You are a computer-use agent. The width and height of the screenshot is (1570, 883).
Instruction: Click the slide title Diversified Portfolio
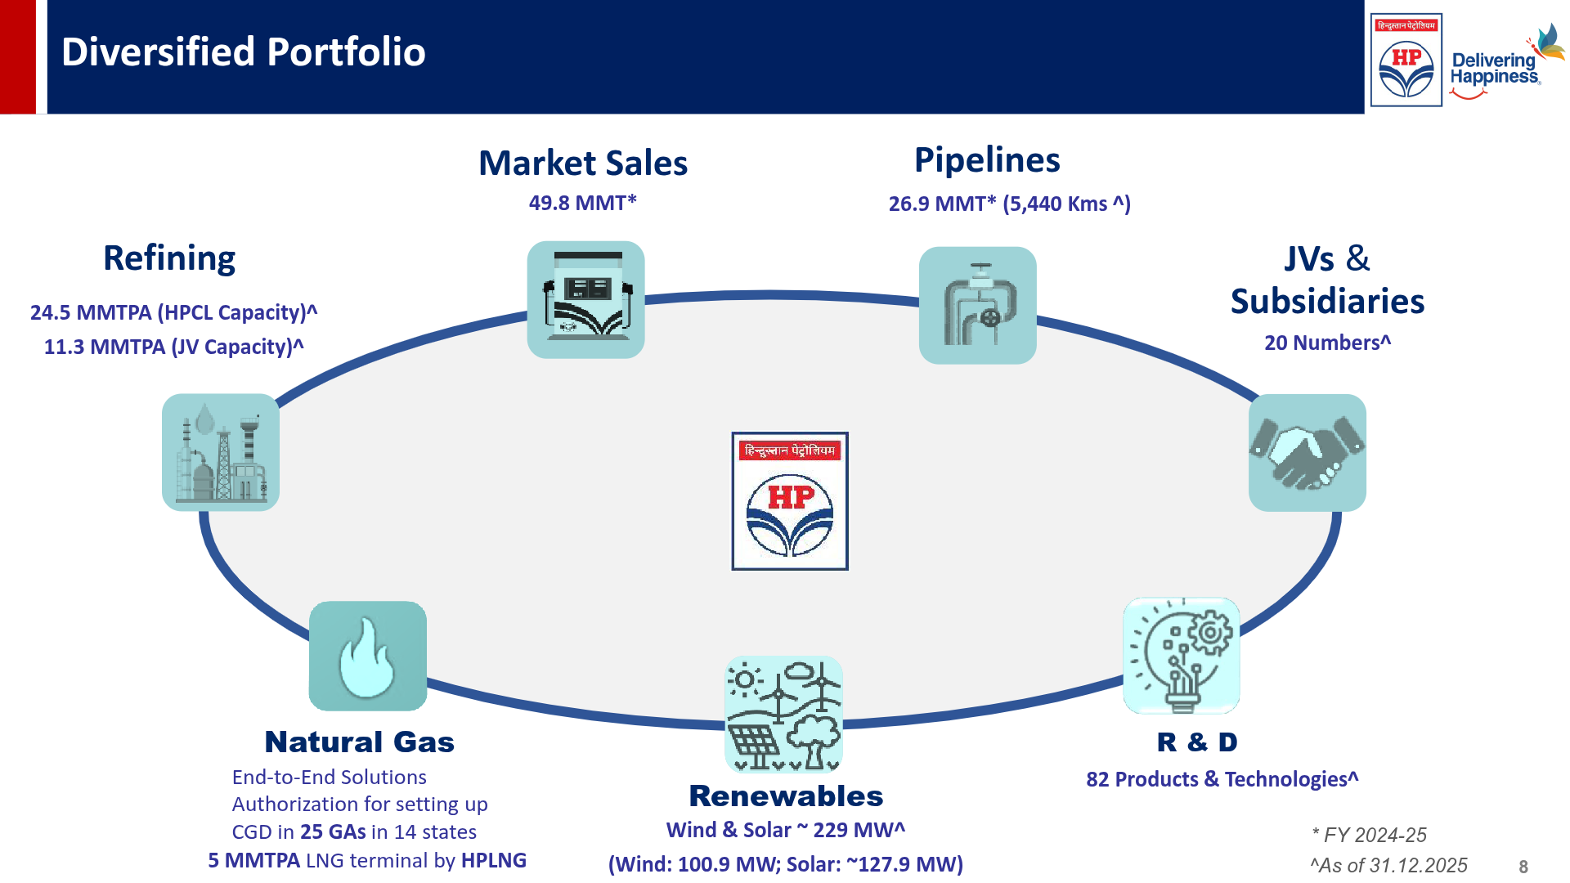[x=244, y=52]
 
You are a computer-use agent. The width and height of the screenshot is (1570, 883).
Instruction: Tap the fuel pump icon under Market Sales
[x=585, y=300]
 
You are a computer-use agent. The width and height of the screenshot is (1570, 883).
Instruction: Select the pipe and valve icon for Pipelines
[x=977, y=306]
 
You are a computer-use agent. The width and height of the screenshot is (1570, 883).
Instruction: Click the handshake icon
[x=1307, y=453]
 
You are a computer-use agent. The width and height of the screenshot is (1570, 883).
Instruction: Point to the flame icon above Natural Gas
[x=367, y=656]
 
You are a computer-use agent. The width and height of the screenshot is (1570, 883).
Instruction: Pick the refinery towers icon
[x=221, y=453]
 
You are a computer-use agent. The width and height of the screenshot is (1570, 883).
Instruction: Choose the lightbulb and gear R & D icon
[x=1181, y=656]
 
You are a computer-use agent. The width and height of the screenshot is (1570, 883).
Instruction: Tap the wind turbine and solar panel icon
[x=783, y=715]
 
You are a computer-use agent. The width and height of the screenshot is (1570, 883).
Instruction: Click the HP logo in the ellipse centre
[x=789, y=501]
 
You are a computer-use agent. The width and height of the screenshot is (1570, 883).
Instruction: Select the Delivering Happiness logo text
[x=1495, y=69]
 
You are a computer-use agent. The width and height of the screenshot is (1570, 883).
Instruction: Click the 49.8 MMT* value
[x=582, y=203]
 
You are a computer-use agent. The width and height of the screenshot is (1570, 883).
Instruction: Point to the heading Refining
[x=169, y=258]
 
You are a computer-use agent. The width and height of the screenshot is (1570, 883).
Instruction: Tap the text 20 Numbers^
[x=1327, y=343]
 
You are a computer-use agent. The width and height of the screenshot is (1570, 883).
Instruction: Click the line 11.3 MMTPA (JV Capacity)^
[x=173, y=347]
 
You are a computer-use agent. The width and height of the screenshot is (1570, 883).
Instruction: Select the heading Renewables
[x=786, y=796]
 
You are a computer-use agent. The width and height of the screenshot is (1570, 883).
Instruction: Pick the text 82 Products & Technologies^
[x=1222, y=779]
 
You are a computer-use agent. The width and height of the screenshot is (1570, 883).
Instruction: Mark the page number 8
[x=1523, y=867]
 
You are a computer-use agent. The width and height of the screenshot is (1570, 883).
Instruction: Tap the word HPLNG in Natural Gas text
[x=494, y=860]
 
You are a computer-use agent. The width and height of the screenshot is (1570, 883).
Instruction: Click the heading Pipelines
[x=987, y=160]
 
